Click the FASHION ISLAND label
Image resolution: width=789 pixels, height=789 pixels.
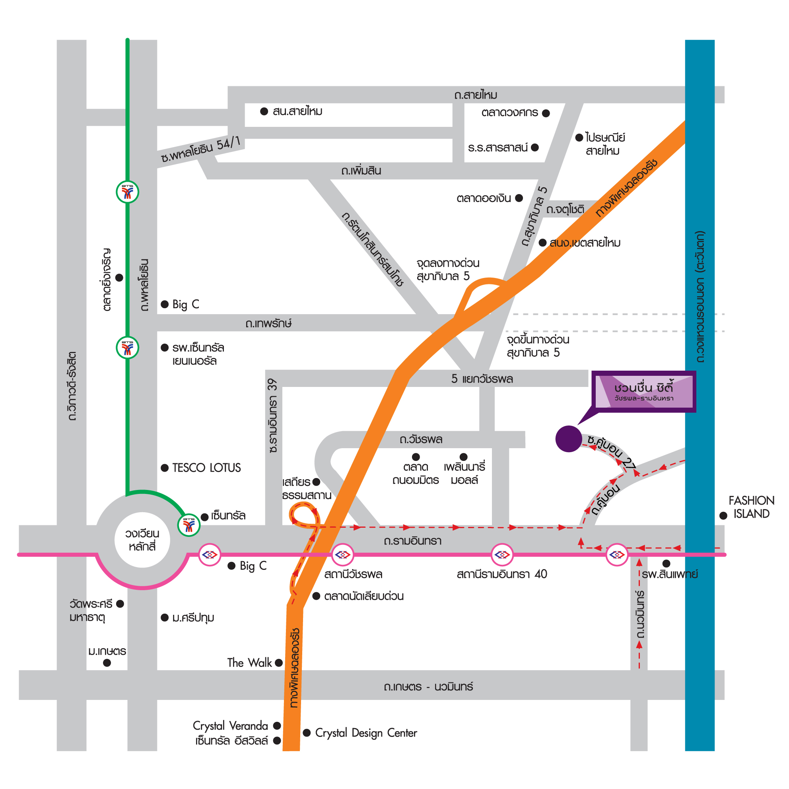click(x=752, y=507)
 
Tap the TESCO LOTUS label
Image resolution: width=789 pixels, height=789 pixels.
click(x=207, y=468)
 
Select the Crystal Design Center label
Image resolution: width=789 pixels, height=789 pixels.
click(x=366, y=733)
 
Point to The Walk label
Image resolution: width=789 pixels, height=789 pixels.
click(x=249, y=663)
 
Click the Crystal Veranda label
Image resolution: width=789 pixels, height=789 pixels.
click(x=230, y=726)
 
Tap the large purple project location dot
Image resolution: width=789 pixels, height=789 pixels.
click(x=568, y=439)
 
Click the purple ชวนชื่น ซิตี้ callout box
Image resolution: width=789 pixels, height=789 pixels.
click(x=643, y=392)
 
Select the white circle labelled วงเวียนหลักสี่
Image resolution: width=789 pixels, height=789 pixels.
click(x=142, y=540)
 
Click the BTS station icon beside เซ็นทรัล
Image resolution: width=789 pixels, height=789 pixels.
click(x=189, y=525)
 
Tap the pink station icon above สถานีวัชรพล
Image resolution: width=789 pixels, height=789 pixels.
click(x=343, y=555)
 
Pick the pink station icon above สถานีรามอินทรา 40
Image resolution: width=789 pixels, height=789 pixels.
click(x=502, y=555)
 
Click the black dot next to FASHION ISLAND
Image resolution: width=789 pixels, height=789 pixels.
click(x=723, y=515)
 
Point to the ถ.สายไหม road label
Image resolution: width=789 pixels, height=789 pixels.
click(x=475, y=95)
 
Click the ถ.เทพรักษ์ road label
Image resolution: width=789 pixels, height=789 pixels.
click(x=268, y=323)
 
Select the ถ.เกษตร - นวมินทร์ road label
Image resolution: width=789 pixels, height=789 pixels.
click(x=428, y=686)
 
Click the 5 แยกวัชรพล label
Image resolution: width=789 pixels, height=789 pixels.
click(x=482, y=379)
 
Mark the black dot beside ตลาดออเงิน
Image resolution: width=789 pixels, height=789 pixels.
click(x=519, y=198)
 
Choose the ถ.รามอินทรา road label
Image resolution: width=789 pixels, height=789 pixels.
click(x=412, y=541)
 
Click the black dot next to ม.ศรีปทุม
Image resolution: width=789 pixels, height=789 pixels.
click(x=165, y=618)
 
